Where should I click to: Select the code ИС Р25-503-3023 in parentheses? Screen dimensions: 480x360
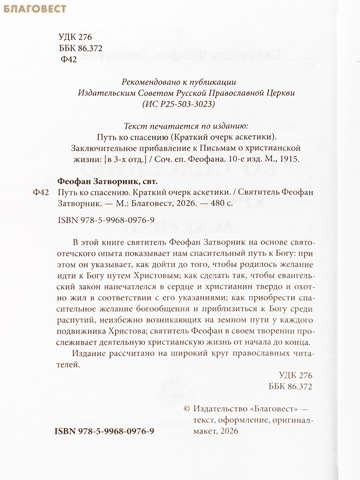tap(179, 104)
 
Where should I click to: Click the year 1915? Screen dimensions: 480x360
tap(289, 158)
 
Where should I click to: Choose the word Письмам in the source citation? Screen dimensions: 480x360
tap(186, 148)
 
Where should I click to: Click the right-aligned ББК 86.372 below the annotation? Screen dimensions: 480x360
tap(288, 387)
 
